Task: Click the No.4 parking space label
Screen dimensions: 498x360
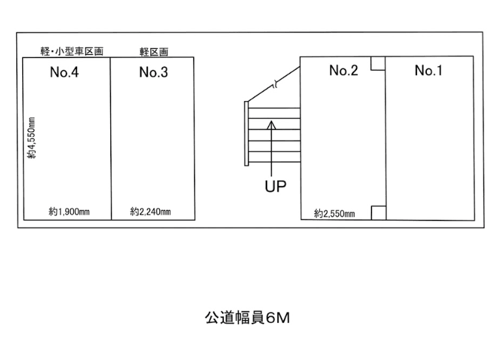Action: click(64, 72)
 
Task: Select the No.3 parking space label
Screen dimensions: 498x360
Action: click(153, 72)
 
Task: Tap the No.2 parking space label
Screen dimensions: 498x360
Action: click(344, 70)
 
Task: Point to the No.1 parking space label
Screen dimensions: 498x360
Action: click(428, 70)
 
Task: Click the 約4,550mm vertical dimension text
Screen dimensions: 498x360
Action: click(32, 138)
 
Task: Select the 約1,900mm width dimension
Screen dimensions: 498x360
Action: click(69, 211)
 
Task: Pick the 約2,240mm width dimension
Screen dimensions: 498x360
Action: click(150, 211)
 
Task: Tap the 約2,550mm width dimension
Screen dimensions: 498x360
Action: click(334, 214)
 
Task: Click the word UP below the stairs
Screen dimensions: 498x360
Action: click(275, 187)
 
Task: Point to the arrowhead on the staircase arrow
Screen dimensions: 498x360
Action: click(272, 125)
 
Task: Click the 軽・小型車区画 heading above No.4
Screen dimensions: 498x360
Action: click(72, 52)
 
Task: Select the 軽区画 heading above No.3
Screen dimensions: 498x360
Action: click(154, 52)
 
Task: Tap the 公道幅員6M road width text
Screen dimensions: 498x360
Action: click(247, 318)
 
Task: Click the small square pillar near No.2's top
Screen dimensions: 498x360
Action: click(378, 63)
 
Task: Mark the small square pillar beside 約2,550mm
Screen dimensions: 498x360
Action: click(379, 213)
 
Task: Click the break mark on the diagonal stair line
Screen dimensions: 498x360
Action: click(275, 84)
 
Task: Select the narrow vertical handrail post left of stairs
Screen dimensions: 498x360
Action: click(247, 133)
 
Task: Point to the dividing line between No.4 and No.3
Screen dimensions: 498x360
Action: click(111, 138)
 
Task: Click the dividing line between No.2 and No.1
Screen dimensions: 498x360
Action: click(386, 138)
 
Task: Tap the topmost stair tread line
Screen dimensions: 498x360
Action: click(274, 108)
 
